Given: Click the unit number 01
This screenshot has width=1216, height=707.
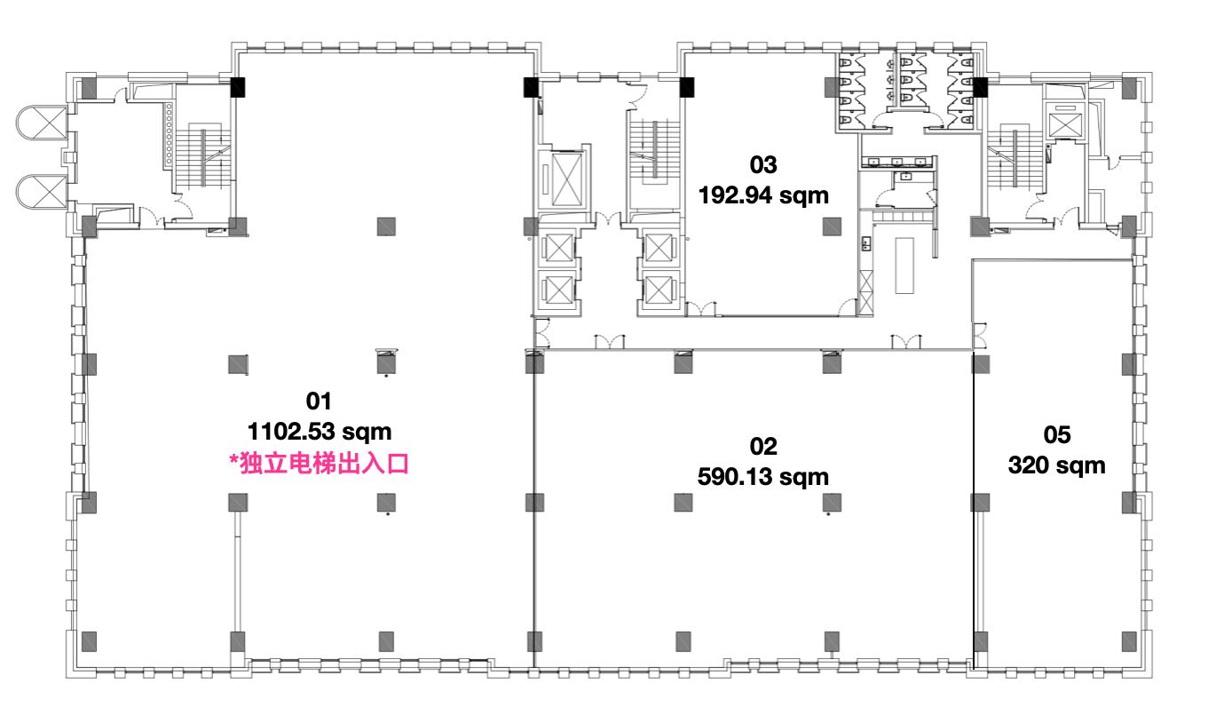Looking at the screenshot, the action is (319, 401).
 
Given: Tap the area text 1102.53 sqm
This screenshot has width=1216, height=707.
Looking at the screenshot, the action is (320, 432).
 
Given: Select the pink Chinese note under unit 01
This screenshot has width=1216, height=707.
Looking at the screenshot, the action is (319, 464).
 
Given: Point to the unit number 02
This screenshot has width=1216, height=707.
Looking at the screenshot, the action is (763, 446).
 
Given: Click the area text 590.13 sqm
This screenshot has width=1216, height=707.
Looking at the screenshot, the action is (762, 477).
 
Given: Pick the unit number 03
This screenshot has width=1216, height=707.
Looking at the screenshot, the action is (763, 164).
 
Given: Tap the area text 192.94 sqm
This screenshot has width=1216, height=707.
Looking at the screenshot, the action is (763, 195).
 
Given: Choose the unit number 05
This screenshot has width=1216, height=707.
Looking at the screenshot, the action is (1057, 434).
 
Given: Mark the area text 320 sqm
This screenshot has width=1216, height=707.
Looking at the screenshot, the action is (1056, 465).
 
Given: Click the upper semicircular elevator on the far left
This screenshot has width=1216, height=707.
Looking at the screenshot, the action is (42, 123).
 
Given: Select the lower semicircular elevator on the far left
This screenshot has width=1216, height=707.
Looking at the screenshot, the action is (42, 192).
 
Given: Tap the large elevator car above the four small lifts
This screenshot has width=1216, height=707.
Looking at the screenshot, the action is (565, 179).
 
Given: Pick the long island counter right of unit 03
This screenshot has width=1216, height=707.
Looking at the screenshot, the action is (904, 266).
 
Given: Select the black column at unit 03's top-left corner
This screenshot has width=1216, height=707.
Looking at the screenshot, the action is (687, 88).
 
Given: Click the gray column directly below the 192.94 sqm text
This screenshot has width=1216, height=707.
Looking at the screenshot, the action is (832, 226).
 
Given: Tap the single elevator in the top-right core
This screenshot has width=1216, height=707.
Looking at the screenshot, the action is (1065, 125).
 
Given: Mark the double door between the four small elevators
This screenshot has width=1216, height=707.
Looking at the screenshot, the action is (609, 219).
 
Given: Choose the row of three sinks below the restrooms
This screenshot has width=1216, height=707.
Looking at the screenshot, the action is (897, 162).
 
